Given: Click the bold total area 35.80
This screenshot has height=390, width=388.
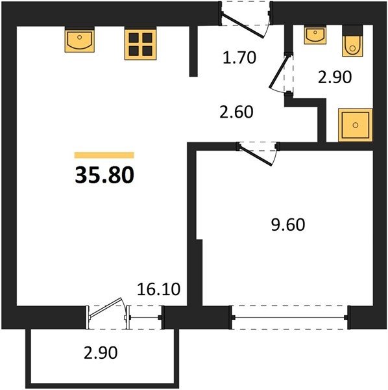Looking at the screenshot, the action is pos(104,175).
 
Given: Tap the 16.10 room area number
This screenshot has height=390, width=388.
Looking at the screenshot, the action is pos(158,289).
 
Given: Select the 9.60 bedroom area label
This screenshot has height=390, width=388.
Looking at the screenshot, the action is pos(288,225).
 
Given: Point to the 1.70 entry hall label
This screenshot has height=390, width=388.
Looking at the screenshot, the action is pos(239,57).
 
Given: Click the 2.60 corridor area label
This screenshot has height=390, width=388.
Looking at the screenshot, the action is pos(237,112).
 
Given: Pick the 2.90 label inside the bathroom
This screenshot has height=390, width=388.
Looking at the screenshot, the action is pos(335,77).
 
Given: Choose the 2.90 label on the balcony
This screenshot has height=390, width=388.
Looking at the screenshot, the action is pos(101,353).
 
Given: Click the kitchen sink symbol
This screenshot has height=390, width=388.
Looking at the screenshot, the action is pos(79,39).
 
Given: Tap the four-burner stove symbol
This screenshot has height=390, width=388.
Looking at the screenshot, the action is pos(140,44).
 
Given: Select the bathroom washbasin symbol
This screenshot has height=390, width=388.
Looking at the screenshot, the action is pos(315,35).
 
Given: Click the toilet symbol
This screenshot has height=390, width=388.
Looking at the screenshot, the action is pos(352,41).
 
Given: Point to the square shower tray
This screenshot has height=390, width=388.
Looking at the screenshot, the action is pos(355,125).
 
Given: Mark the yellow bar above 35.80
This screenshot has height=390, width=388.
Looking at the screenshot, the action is pos(104,155).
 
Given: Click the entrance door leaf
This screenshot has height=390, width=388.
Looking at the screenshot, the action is pos(242,25).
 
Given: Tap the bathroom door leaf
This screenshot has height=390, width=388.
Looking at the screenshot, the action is pos(278,71).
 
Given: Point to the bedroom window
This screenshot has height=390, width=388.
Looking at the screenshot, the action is pos(290,317).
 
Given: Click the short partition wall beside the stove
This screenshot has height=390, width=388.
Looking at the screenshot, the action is pos(193,51).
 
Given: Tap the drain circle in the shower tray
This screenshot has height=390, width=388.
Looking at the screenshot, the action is pos(355,125).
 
